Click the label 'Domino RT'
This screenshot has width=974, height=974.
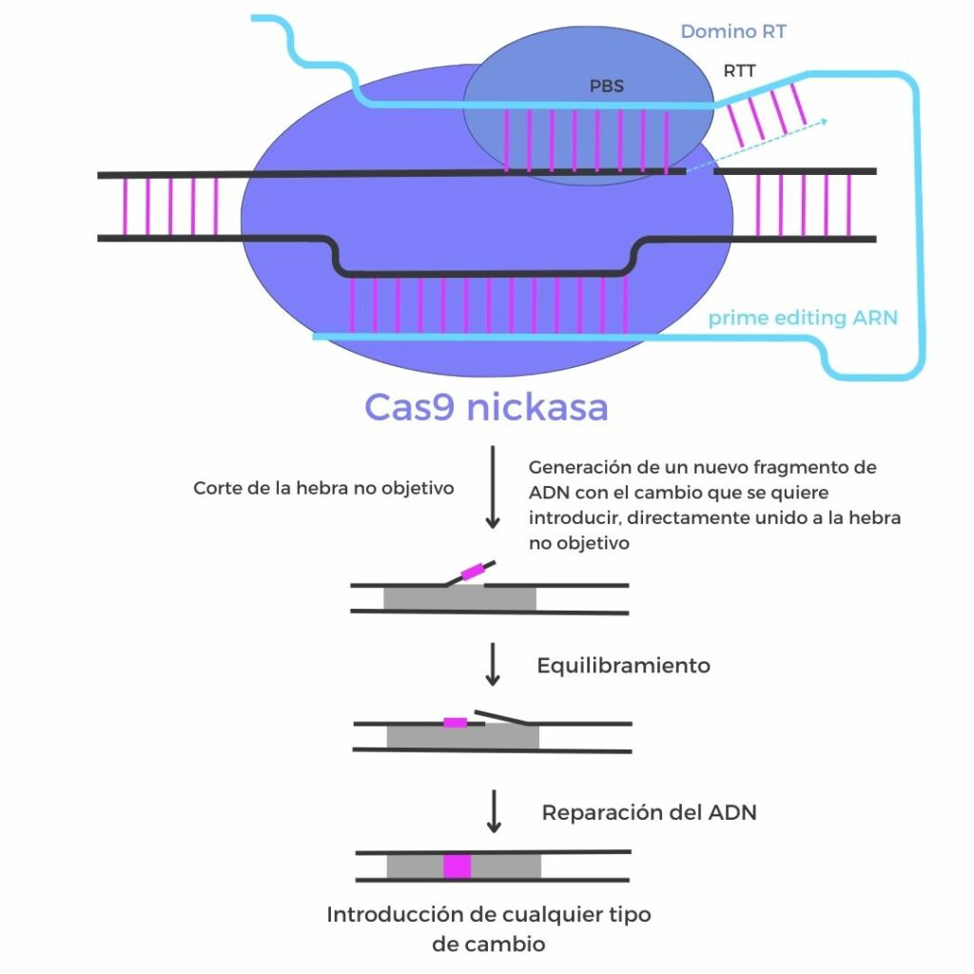click(x=733, y=32)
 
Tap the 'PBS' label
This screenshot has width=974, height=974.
click(x=607, y=87)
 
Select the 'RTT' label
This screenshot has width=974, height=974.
click(x=740, y=70)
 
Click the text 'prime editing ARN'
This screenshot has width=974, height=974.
click(x=803, y=318)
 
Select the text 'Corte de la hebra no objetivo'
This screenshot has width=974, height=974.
click(x=323, y=488)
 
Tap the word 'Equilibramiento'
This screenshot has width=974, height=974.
click(x=623, y=666)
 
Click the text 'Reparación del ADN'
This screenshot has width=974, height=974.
click(x=649, y=813)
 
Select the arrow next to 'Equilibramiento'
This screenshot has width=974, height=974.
click(x=493, y=664)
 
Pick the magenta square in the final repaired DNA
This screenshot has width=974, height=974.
click(x=457, y=867)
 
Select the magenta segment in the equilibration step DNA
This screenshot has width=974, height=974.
click(x=456, y=723)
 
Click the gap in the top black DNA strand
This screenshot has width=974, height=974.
click(x=699, y=172)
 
